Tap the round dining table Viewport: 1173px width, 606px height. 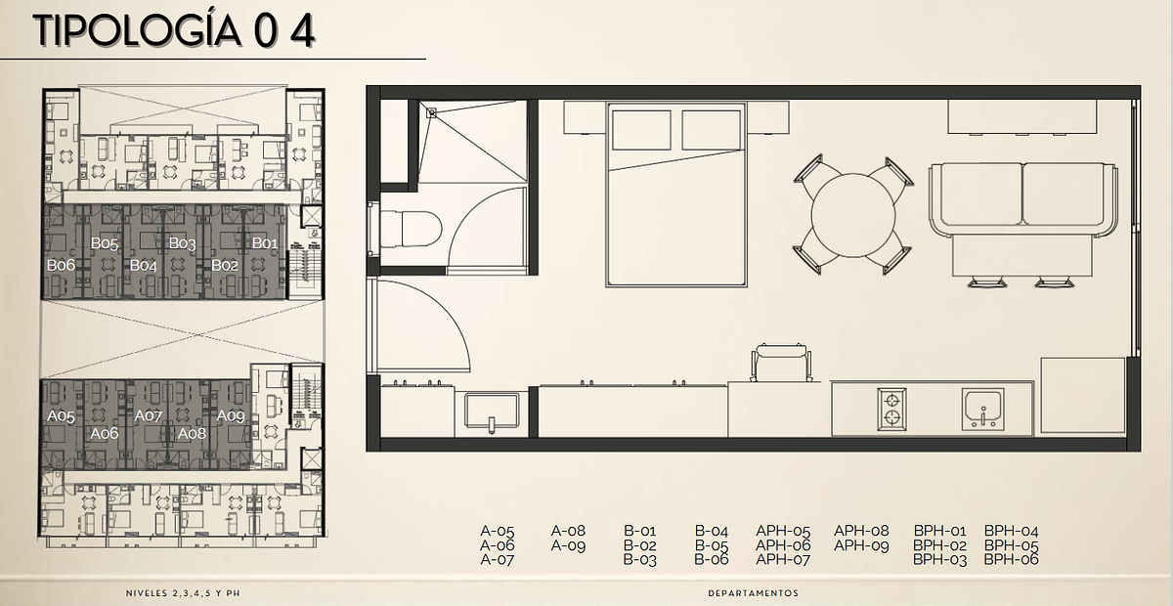[853, 215]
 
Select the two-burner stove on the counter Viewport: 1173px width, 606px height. [891, 410]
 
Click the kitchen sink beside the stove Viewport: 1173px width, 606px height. [983, 410]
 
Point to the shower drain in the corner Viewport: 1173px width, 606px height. [431, 113]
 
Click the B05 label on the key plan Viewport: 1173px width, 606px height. [105, 243]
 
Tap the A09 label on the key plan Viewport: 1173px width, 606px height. [231, 415]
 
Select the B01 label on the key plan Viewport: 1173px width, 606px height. [265, 243]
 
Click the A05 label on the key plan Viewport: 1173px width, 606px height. [61, 415]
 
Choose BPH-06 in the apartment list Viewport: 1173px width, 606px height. [1011, 559]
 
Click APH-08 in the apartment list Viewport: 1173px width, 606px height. [861, 531]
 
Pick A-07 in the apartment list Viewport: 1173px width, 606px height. [497, 559]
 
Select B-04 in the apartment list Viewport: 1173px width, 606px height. [712, 531]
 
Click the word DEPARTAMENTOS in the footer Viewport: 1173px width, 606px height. [754, 593]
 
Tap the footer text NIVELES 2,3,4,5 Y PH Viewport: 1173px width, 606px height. [183, 593]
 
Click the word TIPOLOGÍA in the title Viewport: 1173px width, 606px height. [137, 30]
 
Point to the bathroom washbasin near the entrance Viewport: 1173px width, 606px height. [492, 411]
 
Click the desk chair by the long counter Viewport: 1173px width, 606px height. [781, 362]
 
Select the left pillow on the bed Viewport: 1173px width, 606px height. [641, 130]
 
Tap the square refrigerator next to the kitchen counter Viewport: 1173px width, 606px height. [1082, 396]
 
